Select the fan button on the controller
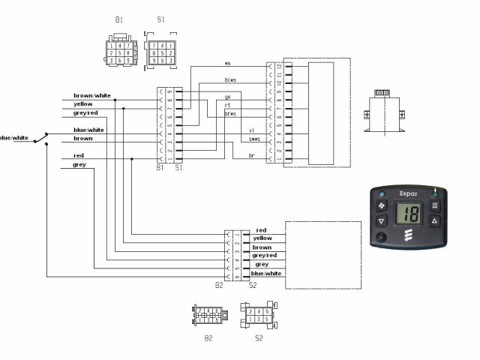pyautogui.click(x=381, y=203)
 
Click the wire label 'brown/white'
pyautogui.click(x=92, y=96)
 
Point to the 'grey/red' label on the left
pyautogui.click(x=85, y=112)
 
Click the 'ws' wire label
pyautogui.click(x=228, y=64)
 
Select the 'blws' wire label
pyautogui.click(x=230, y=80)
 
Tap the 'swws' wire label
pyautogui.click(x=254, y=139)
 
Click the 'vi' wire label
pyautogui.click(x=252, y=130)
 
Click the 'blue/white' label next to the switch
pyautogui.click(x=14, y=138)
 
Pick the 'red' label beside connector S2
pyautogui.click(x=261, y=230)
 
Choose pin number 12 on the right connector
pyautogui.click(x=279, y=66)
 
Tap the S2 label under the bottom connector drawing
pyautogui.click(x=259, y=338)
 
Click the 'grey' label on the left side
pyautogui.click(x=79, y=164)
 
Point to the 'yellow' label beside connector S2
pyautogui.click(x=263, y=238)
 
